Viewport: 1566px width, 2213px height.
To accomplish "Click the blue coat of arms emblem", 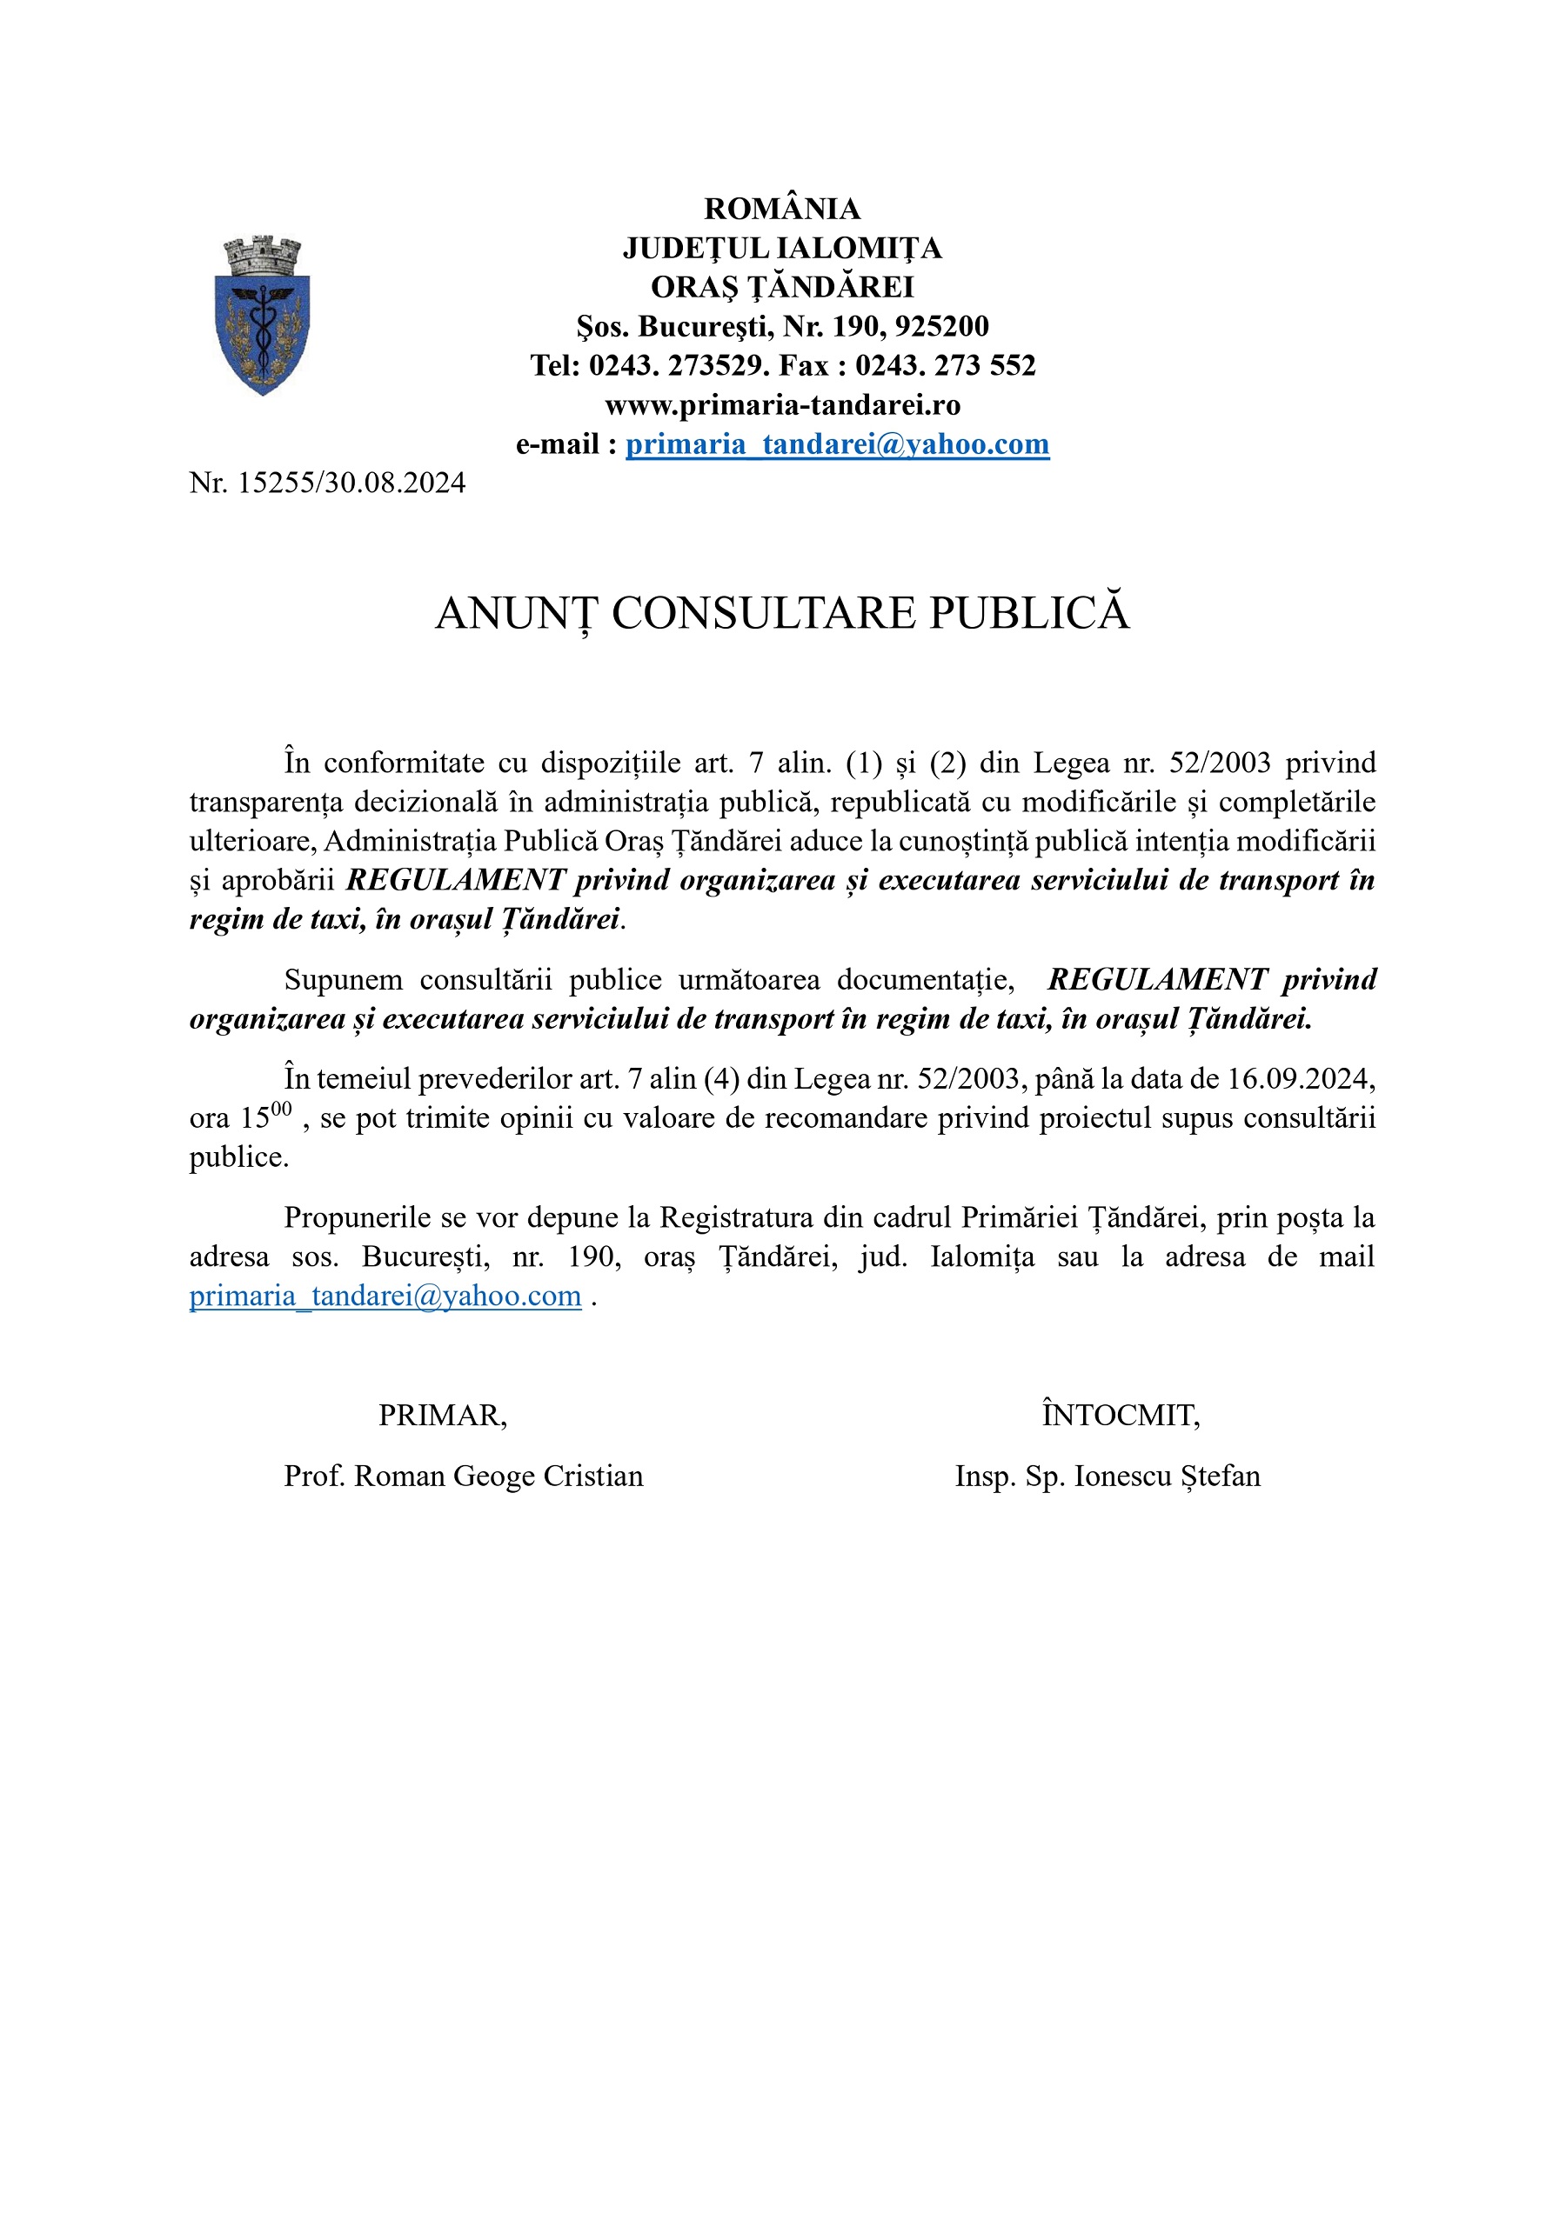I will (262, 317).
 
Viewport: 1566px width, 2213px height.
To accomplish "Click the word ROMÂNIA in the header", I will (782, 210).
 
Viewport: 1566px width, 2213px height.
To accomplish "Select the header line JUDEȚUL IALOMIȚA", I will (782, 249).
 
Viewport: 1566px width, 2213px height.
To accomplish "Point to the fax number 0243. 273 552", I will (945, 366).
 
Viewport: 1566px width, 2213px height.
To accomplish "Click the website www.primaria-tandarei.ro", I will (782, 405).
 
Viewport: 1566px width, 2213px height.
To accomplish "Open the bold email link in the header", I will (837, 444).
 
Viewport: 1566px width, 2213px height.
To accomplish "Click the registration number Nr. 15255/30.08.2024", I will (327, 483).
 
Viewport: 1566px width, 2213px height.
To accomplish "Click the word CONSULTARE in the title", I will (763, 614).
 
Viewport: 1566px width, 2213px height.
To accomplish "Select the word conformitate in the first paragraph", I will (404, 763).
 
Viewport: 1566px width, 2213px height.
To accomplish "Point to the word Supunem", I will (344, 980).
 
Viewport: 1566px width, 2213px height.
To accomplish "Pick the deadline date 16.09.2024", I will (1299, 1078).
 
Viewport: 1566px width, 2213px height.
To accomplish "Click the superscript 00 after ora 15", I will (281, 1110).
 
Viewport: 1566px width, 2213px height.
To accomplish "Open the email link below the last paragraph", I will (385, 1296).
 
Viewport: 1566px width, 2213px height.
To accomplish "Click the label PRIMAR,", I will (443, 1416).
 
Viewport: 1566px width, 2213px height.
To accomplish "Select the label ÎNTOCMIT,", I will (1121, 1416).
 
